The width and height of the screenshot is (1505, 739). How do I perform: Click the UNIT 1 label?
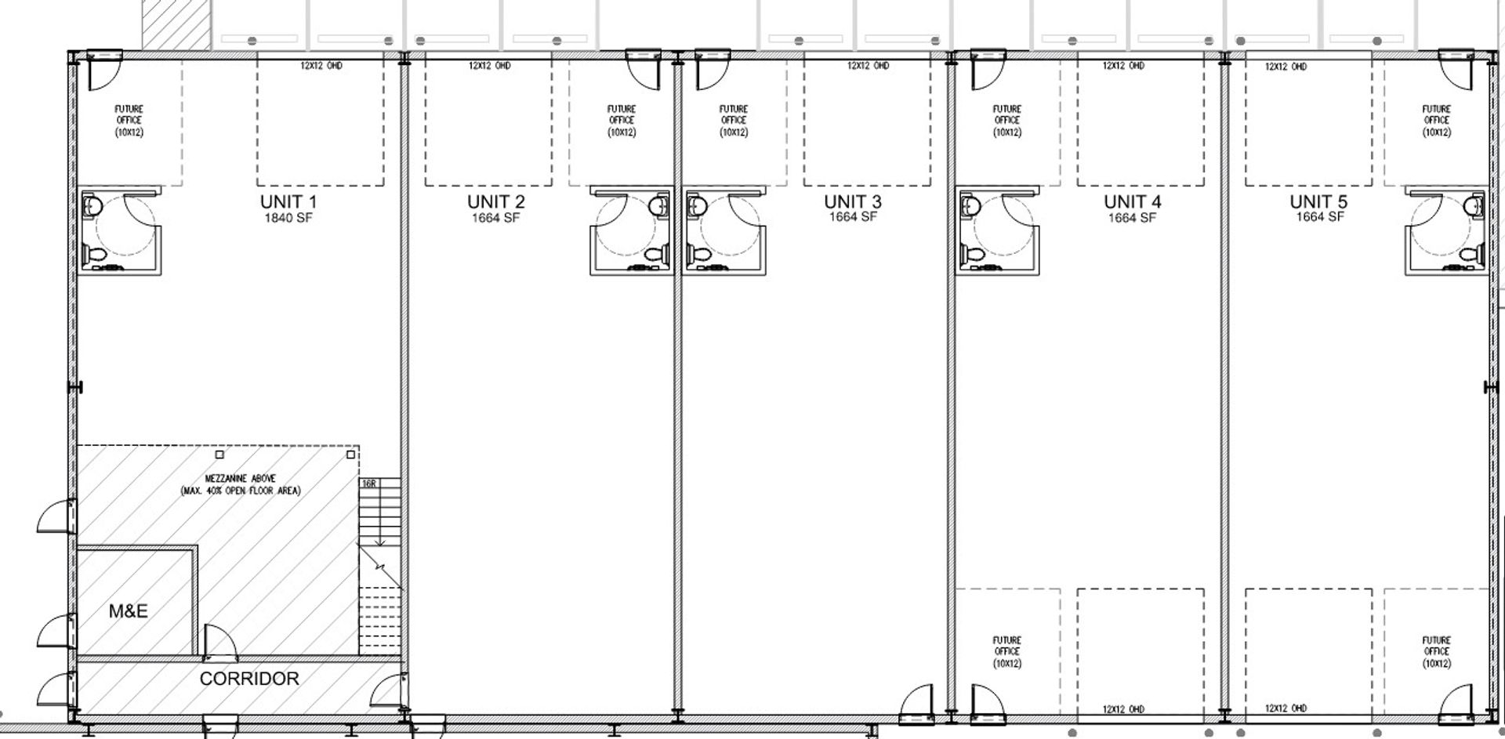click(288, 201)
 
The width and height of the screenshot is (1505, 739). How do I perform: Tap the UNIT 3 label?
click(853, 201)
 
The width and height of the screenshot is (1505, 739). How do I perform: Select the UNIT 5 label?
click(1319, 201)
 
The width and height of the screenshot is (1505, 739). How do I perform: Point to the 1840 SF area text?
click(288, 218)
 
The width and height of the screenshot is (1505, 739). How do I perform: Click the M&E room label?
click(129, 610)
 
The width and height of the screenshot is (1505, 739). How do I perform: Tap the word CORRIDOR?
click(249, 679)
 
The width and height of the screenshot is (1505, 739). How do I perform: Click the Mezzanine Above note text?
click(241, 484)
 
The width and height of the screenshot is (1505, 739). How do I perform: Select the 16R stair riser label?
click(368, 484)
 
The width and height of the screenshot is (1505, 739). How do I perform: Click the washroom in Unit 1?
click(119, 230)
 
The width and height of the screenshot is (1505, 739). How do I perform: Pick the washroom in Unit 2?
click(632, 230)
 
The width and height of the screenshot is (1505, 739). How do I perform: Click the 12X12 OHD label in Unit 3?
click(868, 66)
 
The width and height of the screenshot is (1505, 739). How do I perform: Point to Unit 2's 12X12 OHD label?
click(490, 66)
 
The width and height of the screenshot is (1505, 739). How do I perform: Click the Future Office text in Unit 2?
click(622, 121)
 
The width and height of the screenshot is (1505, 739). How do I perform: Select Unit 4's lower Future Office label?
click(1007, 652)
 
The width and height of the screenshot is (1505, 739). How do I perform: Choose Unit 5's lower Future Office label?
click(1437, 652)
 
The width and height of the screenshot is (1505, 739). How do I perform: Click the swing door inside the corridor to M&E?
click(219, 640)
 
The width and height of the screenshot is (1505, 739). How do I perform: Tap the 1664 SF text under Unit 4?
click(1132, 218)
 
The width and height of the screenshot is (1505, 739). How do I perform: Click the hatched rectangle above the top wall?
click(176, 24)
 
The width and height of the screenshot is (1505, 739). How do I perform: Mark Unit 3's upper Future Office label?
click(734, 121)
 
